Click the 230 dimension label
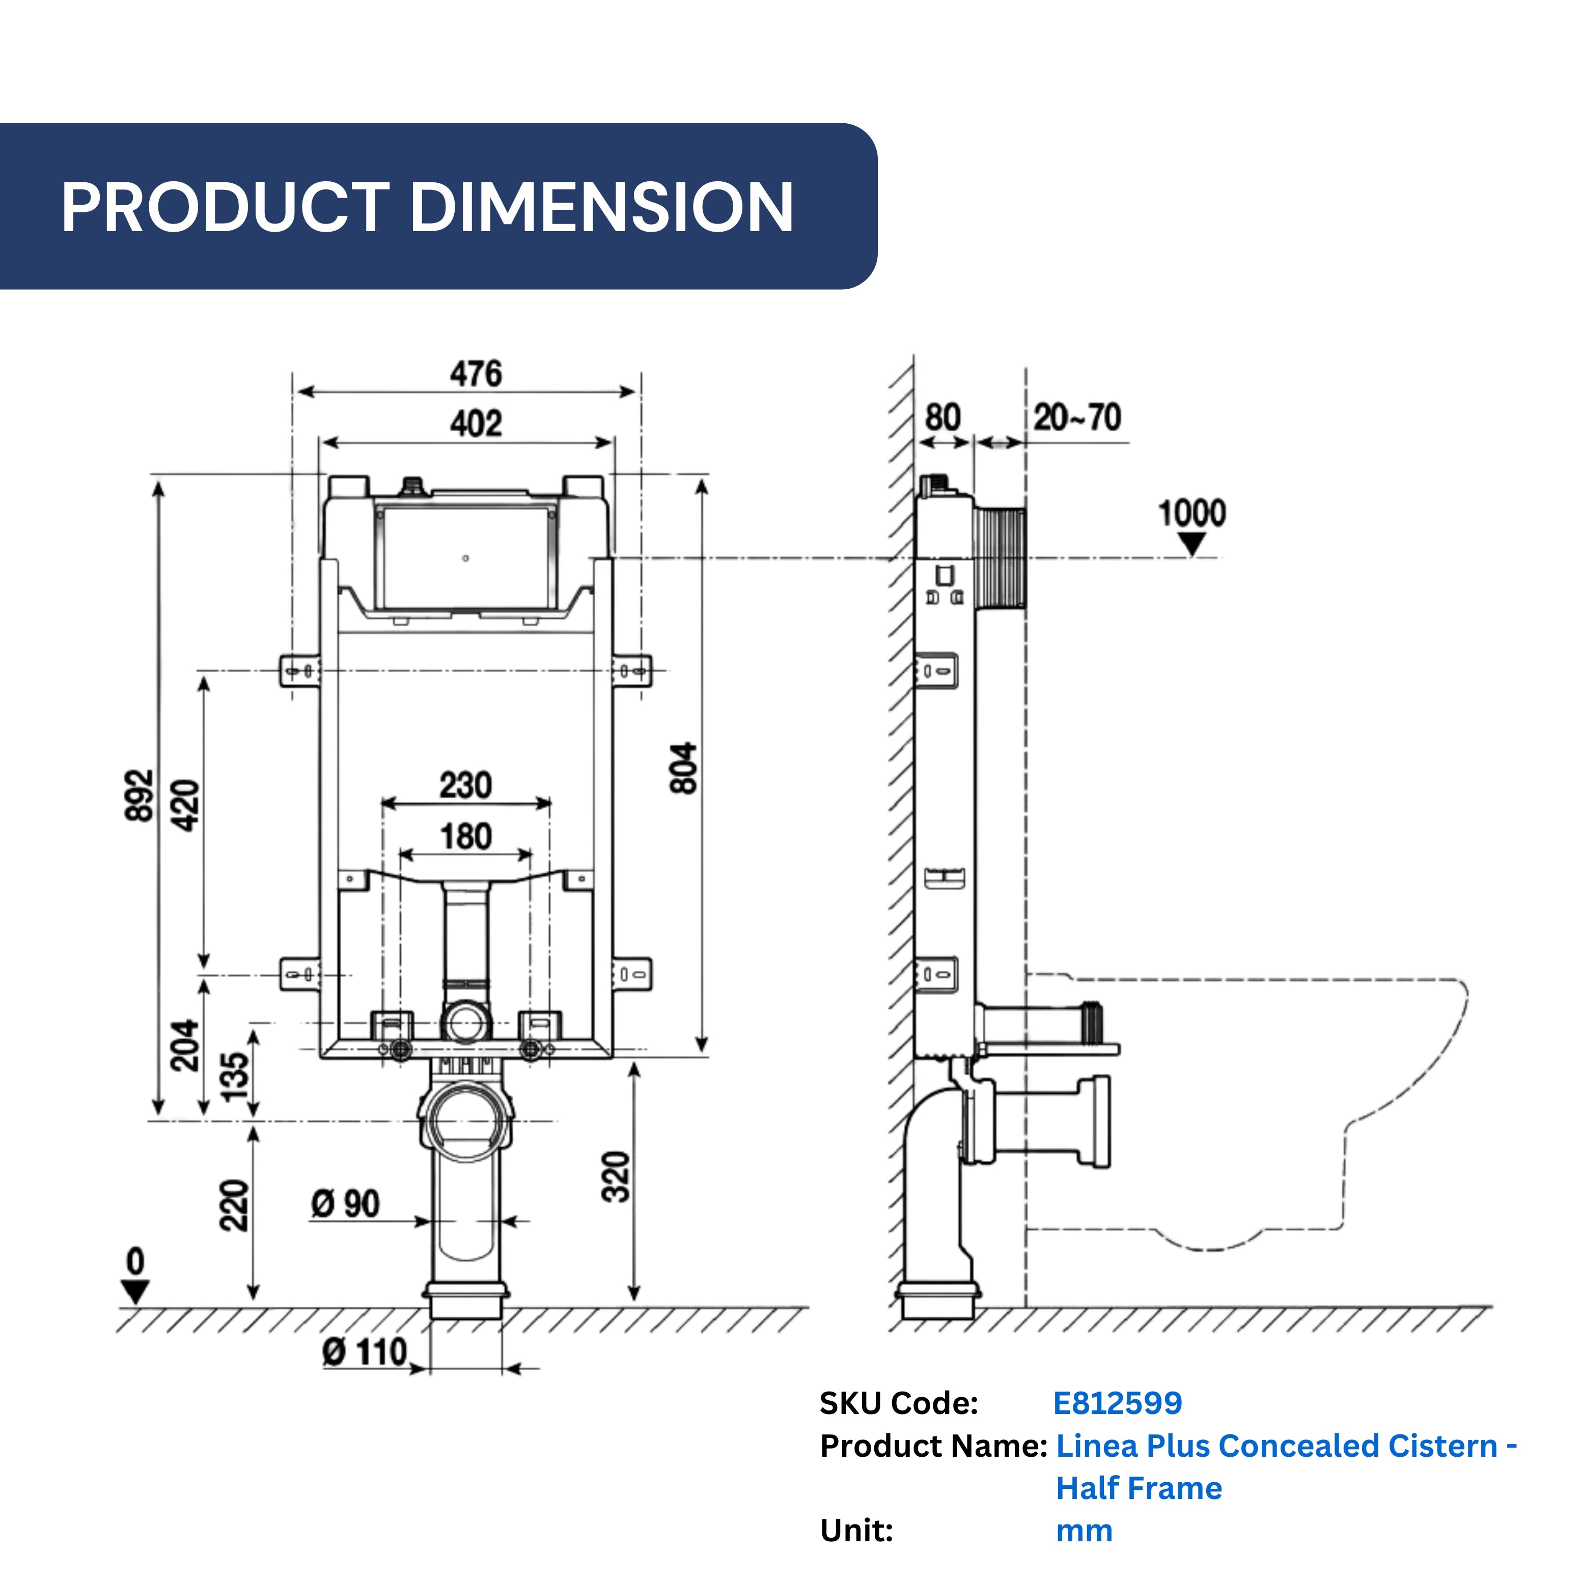click(x=465, y=786)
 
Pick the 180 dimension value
click(x=465, y=837)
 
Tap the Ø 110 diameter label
click(x=365, y=1352)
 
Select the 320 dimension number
click(x=616, y=1177)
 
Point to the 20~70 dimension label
click(x=1077, y=418)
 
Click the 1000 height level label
click(x=1191, y=513)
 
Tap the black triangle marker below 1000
click(x=1193, y=543)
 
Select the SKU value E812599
click(x=1117, y=1403)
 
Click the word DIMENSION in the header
click(x=601, y=207)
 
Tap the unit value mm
click(x=1084, y=1530)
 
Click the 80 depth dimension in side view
click(x=942, y=418)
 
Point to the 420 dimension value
click(x=187, y=806)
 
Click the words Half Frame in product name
click(x=1139, y=1488)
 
